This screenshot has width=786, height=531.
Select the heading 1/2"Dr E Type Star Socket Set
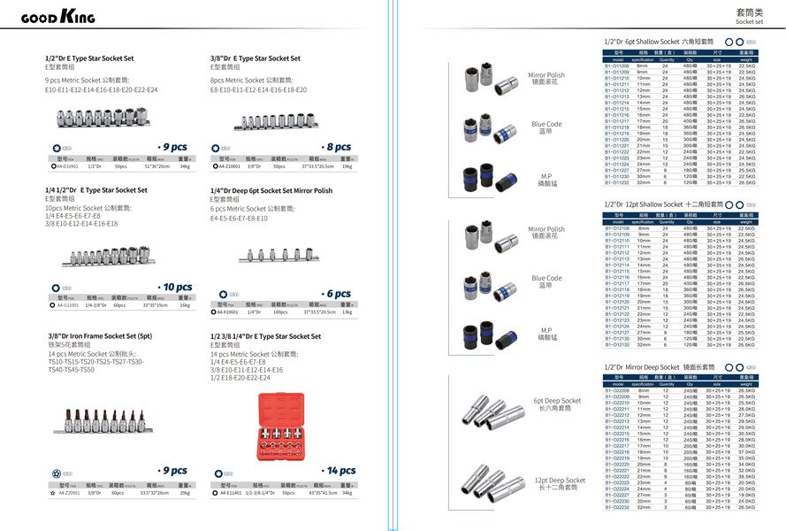pos(89,58)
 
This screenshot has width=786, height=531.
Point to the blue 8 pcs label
pos(337,147)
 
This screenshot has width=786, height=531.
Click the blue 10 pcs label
pos(176,287)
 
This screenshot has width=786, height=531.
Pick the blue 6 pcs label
pos(338,294)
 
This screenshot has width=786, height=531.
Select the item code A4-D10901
pos(67,165)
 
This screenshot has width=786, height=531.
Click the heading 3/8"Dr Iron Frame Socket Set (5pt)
pos(100,336)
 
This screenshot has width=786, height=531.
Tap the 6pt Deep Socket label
pos(557,404)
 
